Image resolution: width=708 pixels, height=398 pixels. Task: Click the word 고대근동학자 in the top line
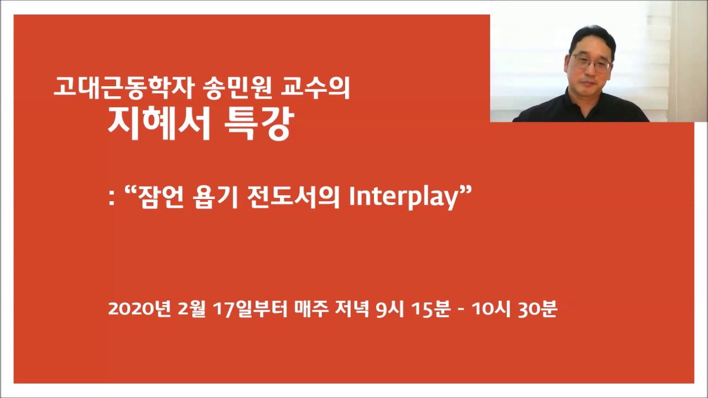123,87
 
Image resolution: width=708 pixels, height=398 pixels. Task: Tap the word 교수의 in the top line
315,87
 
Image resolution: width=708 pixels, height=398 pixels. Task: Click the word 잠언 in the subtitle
161,197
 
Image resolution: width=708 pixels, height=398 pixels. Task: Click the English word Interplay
404,198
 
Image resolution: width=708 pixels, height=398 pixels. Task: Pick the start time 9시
390,308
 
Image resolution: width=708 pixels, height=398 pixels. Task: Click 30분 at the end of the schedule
537,308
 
